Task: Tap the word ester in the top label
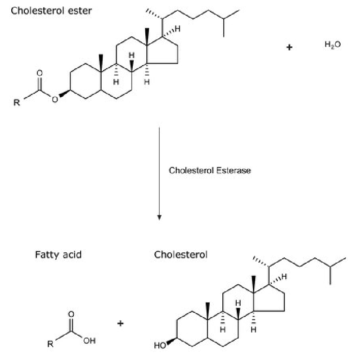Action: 80,11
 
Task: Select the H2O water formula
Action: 333,44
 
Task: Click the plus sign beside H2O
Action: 289,47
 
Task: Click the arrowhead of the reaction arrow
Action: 159,218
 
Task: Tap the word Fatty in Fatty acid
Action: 48,255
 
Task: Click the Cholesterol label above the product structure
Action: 181,255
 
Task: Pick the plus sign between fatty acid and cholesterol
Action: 120,324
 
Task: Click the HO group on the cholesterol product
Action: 160,345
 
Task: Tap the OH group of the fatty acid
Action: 90,341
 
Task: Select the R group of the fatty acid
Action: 50,344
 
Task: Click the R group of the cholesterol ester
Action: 17,103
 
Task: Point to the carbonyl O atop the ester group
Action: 40,73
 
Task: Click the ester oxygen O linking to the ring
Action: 54,99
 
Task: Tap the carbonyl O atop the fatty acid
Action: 71,314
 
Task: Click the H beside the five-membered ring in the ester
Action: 177,29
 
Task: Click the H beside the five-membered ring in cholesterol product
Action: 284,277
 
